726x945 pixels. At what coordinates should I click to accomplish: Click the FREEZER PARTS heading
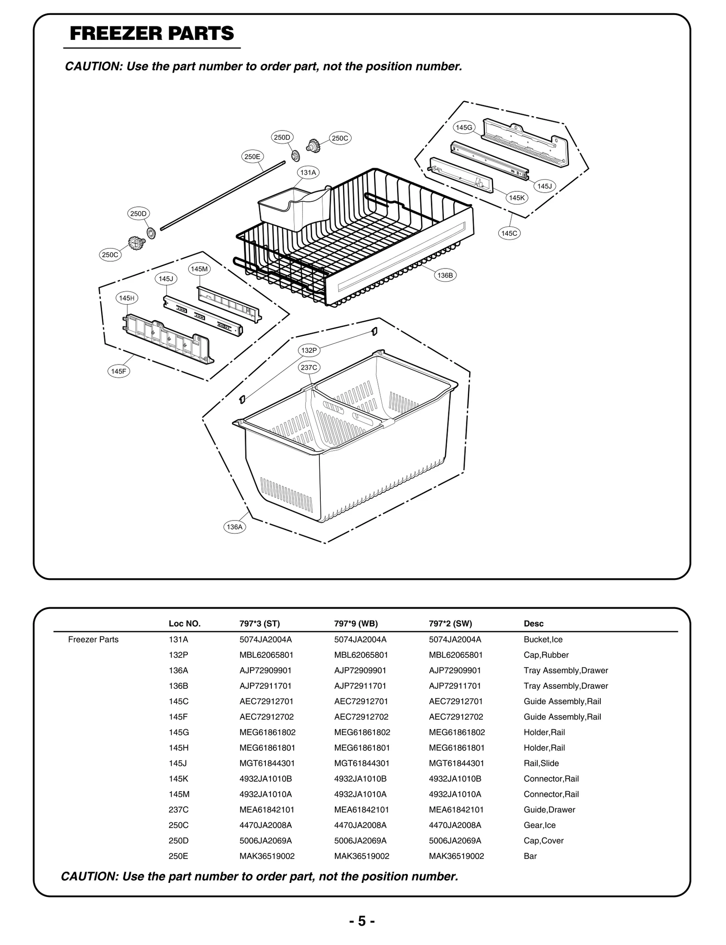click(x=152, y=34)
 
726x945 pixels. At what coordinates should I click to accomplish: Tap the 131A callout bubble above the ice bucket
click(x=308, y=172)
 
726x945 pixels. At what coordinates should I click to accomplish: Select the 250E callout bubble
click(x=252, y=157)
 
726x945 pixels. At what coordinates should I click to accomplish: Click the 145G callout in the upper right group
click(x=464, y=127)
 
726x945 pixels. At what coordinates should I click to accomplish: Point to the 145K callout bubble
click(x=516, y=198)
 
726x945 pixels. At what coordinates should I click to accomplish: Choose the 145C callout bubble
click(x=509, y=233)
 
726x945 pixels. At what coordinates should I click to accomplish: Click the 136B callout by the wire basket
click(x=445, y=275)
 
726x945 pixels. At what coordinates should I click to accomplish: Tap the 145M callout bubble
click(x=199, y=269)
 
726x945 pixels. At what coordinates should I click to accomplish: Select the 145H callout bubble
click(x=127, y=298)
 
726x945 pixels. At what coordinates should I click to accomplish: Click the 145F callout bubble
click(x=118, y=371)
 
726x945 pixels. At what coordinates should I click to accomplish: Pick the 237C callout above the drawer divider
click(x=309, y=367)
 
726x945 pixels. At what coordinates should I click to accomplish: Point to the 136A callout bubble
click(x=235, y=527)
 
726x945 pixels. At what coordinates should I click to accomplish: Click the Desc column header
click(x=533, y=624)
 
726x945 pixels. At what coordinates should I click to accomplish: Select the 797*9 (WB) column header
click(x=356, y=624)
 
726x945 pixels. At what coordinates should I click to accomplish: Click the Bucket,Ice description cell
click(x=543, y=639)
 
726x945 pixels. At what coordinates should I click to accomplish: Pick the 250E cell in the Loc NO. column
click(x=178, y=856)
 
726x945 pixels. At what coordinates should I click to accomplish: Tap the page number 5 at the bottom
click(x=362, y=921)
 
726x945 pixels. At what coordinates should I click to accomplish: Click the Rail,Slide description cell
click(x=541, y=763)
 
